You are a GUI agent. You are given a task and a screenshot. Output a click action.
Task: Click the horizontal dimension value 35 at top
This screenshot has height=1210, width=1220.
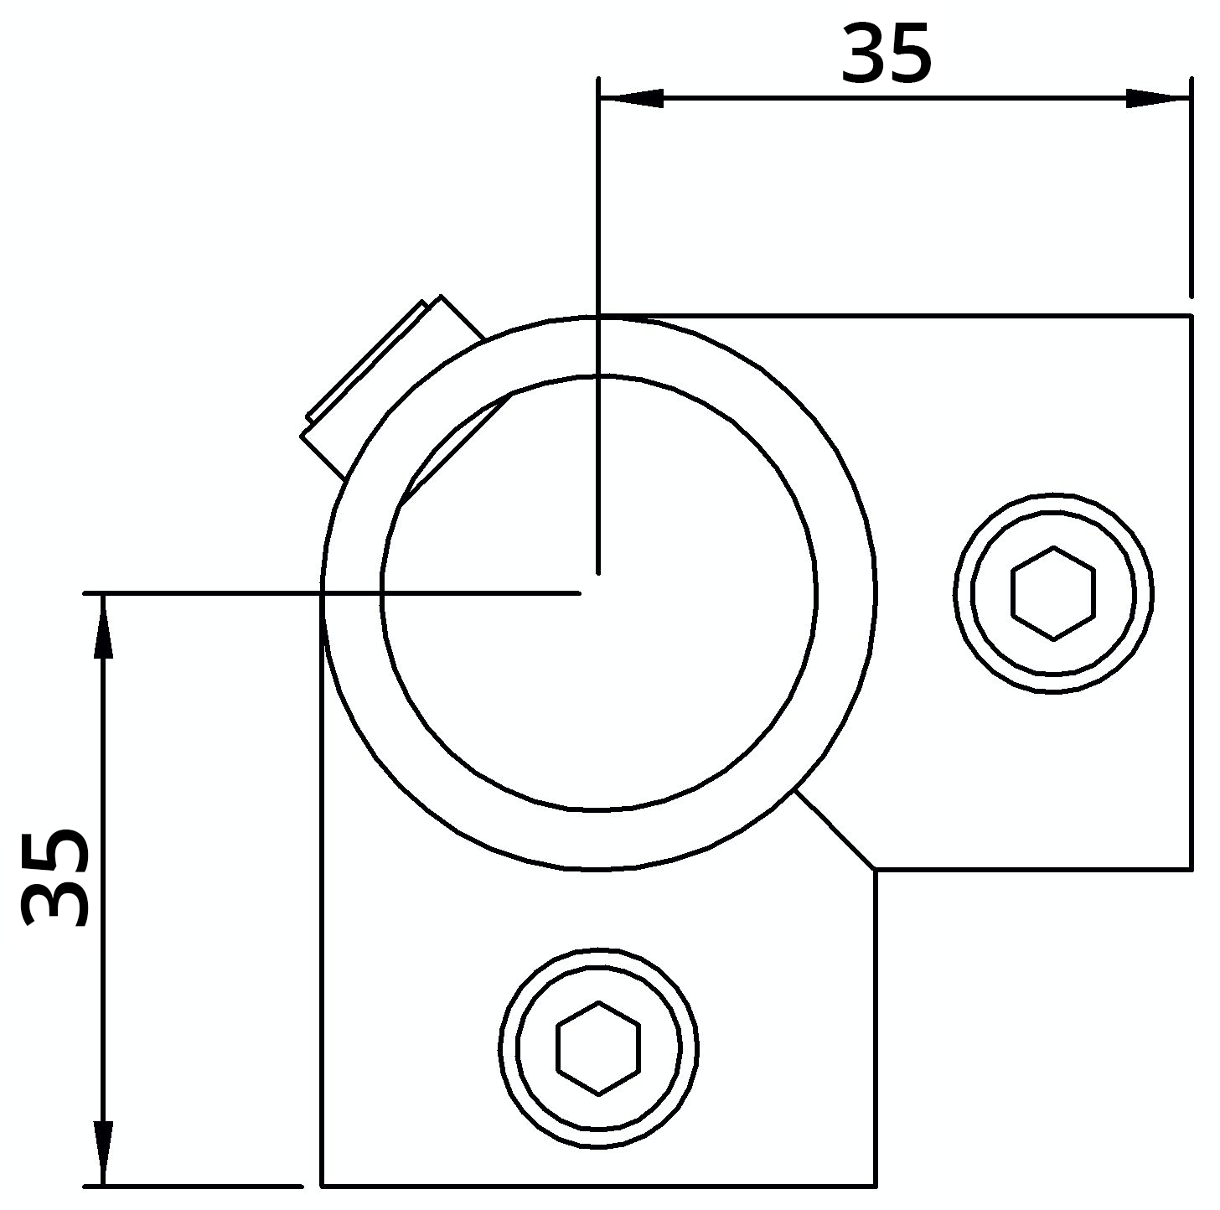(886, 55)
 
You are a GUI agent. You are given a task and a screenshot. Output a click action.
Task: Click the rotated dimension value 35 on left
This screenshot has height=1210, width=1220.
(56, 878)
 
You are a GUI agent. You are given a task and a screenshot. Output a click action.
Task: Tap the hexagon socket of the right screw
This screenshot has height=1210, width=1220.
(1053, 593)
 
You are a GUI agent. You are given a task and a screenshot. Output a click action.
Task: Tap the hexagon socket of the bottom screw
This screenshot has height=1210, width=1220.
(598, 1047)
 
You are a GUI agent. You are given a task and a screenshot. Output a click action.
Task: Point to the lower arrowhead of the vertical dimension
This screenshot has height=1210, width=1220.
(102, 1153)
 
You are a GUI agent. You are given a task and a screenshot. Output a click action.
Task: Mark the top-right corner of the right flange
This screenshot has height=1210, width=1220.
(1191, 317)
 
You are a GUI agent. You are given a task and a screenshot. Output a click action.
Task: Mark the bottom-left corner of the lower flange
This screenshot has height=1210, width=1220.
(323, 1185)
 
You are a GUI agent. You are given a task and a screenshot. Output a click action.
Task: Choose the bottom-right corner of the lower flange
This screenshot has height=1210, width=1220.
(876, 1185)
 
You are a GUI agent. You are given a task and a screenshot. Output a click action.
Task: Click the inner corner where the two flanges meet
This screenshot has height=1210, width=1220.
(876, 870)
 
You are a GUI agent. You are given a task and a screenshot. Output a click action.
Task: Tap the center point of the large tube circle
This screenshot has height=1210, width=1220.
(598, 593)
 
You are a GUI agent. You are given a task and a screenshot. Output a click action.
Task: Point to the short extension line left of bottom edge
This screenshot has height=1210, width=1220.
(193, 1186)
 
